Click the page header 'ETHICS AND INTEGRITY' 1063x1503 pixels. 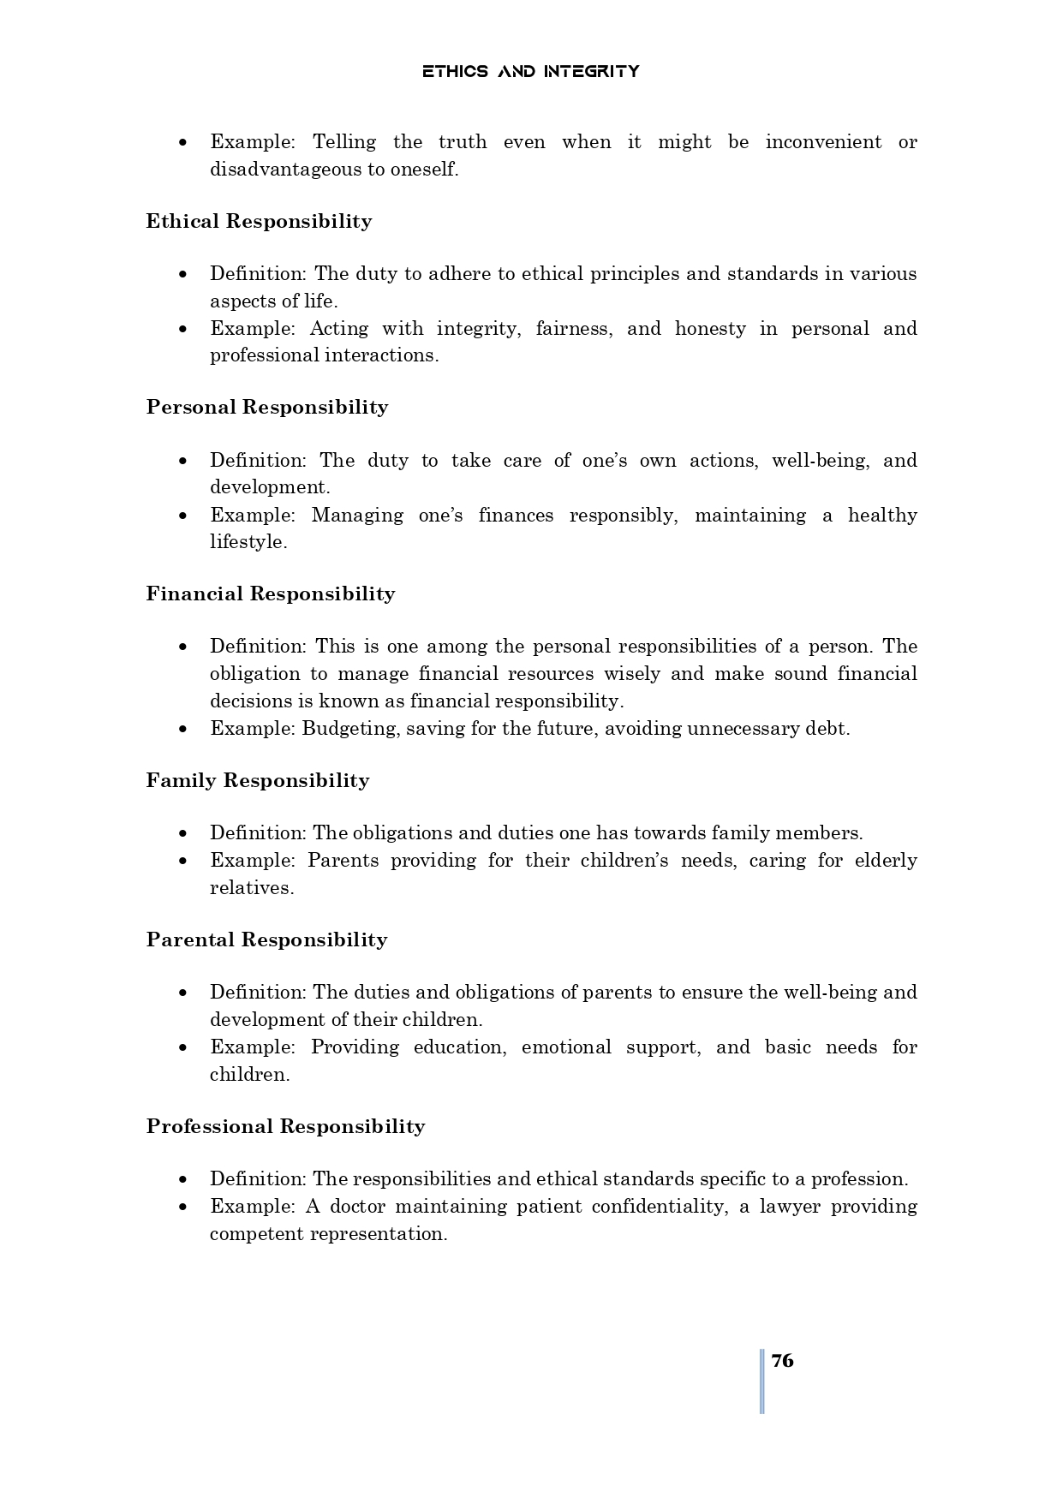coord(530,71)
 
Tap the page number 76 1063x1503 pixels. coord(782,1361)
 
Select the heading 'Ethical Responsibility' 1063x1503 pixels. coord(259,221)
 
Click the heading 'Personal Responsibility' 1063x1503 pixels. coord(266,407)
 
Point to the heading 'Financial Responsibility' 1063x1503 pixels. coord(270,593)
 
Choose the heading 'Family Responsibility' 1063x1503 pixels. coord(257,780)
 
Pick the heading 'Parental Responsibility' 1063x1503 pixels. coord(266,939)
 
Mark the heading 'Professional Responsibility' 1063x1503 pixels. coord(285,1126)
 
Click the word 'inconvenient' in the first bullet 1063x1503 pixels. coord(822,142)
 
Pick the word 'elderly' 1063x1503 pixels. coord(886,861)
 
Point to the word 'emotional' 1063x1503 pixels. coord(566,1047)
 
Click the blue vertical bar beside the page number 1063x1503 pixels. coord(761,1381)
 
